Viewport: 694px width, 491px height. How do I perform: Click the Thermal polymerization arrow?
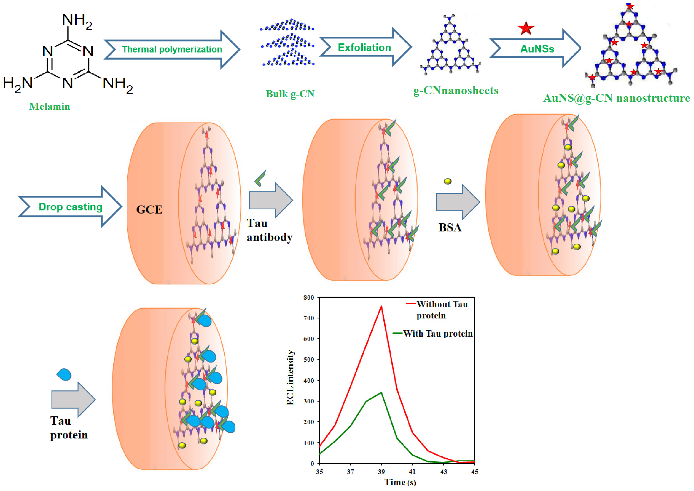click(172, 49)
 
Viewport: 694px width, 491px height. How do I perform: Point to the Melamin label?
click(50, 106)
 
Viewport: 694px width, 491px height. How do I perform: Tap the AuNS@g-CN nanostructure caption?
click(616, 98)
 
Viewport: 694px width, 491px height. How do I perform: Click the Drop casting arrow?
click(70, 207)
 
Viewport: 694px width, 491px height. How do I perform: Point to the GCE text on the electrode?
click(149, 209)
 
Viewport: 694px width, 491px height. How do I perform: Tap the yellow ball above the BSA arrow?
click(448, 181)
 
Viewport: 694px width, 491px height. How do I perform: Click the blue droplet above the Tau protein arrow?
click(64, 375)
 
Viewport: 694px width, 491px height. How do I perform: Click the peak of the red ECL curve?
click(381, 306)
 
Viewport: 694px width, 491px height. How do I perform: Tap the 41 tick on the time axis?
click(412, 472)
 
